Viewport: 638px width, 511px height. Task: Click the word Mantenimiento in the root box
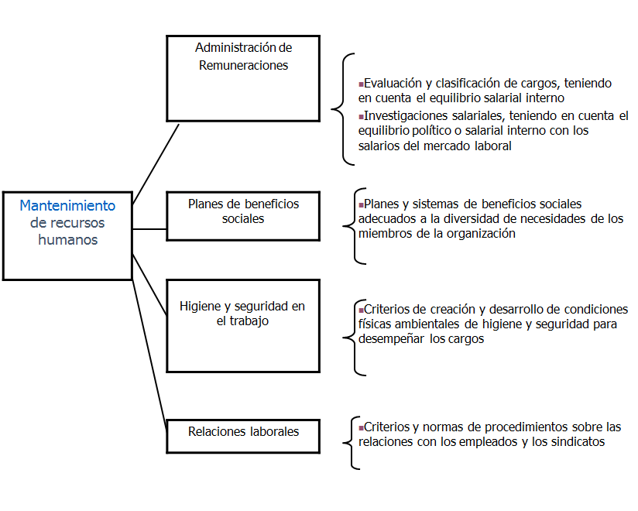click(x=67, y=206)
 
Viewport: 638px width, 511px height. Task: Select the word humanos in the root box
click(x=70, y=239)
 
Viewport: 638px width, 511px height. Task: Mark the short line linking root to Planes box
click(x=149, y=229)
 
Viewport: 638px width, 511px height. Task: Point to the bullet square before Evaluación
click(x=361, y=82)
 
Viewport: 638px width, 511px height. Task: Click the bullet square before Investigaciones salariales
click(x=361, y=115)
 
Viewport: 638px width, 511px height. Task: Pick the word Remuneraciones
click(x=243, y=66)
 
